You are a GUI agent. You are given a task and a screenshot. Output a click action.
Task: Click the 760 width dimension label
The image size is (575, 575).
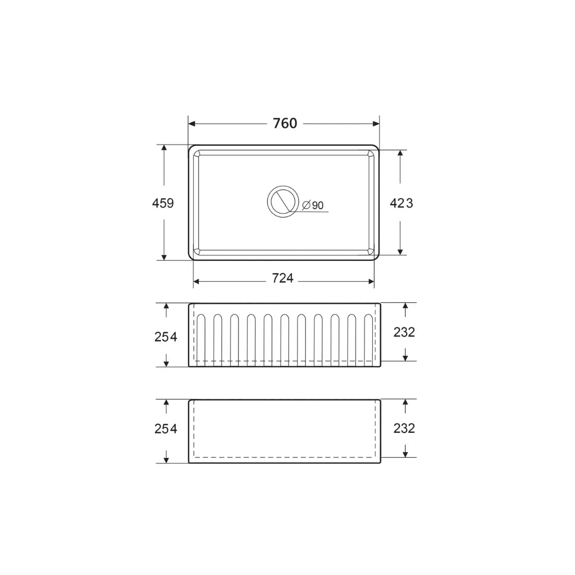(285, 124)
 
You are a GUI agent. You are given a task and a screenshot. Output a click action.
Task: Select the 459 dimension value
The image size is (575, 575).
(163, 203)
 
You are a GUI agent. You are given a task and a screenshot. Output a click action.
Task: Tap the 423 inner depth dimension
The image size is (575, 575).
(401, 203)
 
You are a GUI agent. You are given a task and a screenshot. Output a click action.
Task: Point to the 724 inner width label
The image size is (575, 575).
(283, 278)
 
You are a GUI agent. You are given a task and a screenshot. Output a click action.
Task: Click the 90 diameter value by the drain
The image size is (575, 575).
(317, 206)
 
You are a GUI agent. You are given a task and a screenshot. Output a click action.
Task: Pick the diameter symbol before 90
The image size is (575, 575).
(307, 205)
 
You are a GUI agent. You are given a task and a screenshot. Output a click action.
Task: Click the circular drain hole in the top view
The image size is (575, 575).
(283, 201)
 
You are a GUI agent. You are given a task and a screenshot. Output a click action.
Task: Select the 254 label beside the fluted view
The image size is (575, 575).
(166, 336)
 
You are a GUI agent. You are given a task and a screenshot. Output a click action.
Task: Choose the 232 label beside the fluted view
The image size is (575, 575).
(404, 332)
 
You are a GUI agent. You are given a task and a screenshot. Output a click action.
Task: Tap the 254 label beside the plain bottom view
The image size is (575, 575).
(166, 429)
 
